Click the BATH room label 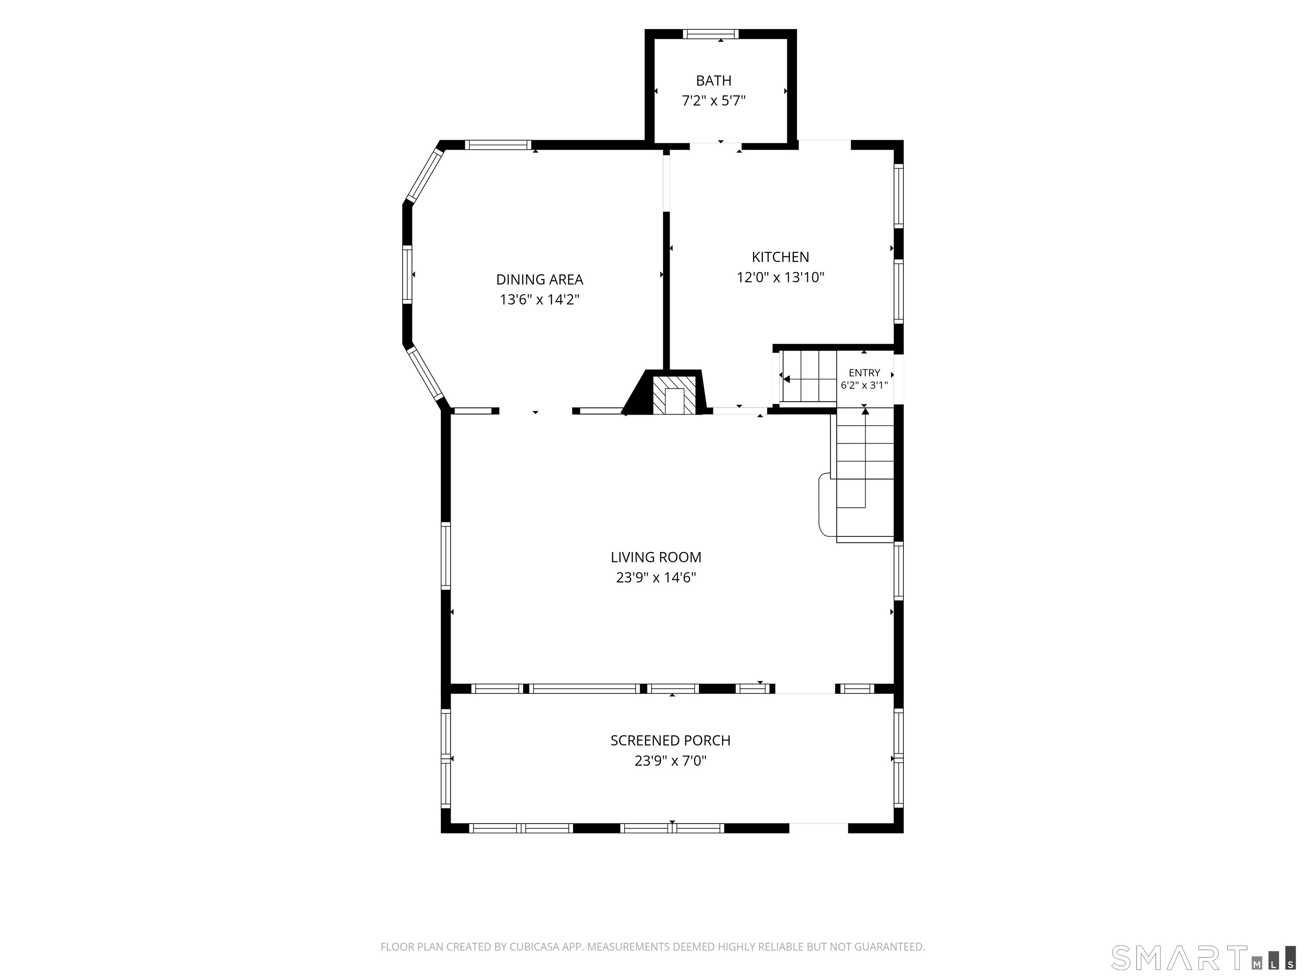713,80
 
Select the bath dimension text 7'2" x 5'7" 713,101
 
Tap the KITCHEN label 780,257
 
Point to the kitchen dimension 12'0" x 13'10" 780,277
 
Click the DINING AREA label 539,279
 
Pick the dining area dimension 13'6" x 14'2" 539,299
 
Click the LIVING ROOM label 656,557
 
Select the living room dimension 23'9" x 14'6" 656,577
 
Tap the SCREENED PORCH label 670,740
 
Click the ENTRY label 864,373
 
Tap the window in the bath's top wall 710,34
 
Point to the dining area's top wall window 498,145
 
